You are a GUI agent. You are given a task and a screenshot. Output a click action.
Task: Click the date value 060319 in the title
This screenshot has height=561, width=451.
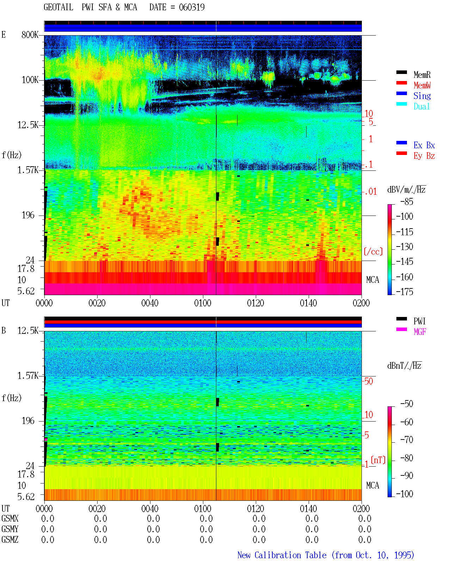pos(192,7)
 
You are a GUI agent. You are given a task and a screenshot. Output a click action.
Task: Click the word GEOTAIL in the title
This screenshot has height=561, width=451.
pos(58,7)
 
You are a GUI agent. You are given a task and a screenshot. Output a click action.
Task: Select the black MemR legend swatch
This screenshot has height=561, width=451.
pos(401,72)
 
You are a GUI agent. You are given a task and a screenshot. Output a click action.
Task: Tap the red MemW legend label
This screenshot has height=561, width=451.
pos(422,85)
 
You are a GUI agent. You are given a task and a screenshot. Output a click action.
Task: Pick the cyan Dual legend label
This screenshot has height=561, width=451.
pos(422,106)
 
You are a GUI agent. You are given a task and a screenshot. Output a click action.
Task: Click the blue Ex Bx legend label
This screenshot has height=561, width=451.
pos(424,145)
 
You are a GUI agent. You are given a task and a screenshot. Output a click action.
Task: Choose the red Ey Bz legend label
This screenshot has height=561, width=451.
pos(424,156)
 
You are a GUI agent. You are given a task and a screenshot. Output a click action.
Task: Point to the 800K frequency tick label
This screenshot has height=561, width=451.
pos(30,35)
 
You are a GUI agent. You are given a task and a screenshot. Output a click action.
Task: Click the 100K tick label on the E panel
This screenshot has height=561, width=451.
pos(30,80)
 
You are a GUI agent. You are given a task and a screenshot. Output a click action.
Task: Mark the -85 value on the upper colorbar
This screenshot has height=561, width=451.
pos(407,201)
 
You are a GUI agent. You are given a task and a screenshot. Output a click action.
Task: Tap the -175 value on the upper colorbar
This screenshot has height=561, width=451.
pos(404,292)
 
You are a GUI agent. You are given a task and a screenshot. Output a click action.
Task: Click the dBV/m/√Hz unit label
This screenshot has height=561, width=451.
pos(406,189)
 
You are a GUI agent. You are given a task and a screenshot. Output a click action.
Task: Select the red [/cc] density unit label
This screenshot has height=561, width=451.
pos(373,251)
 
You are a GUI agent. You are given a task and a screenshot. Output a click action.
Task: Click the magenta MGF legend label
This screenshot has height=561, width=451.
pos(420,332)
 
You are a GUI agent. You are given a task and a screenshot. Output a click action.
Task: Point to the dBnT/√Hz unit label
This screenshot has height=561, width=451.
pos(404,366)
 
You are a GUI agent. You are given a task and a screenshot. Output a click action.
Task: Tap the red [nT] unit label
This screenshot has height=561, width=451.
pos(378,460)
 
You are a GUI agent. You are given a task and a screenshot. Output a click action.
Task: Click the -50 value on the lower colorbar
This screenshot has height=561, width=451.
pos(407,404)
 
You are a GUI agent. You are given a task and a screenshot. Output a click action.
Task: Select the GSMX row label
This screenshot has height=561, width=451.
pos(10,518)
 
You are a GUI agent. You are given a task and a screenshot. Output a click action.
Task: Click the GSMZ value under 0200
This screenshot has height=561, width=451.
pos(365,540)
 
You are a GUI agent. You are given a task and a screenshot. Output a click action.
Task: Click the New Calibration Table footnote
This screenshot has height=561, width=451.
pos(326,555)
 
